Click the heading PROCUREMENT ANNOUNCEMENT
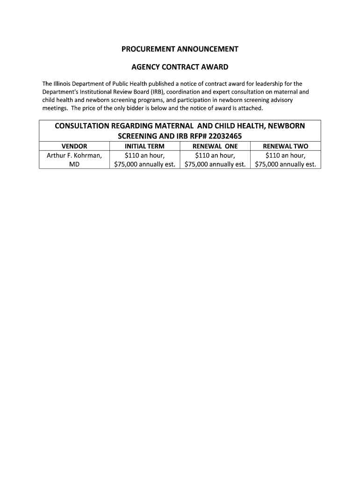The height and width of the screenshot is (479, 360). point(180,49)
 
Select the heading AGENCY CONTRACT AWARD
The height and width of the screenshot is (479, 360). point(180,67)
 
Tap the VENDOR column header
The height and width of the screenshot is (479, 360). point(74,146)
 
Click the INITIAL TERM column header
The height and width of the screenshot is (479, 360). point(144,146)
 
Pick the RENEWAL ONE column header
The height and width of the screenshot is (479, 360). point(215,146)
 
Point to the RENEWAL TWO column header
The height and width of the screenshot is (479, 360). point(285,146)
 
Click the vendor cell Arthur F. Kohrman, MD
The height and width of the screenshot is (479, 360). point(74,160)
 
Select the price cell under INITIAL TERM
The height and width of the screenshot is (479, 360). point(144,160)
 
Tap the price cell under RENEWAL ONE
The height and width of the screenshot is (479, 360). point(215,160)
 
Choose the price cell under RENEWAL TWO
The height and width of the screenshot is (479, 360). point(285,160)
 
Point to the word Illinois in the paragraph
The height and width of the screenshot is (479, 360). point(65,84)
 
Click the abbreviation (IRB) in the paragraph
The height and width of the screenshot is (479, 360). point(156,92)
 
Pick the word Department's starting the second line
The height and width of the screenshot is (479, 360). point(60,92)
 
